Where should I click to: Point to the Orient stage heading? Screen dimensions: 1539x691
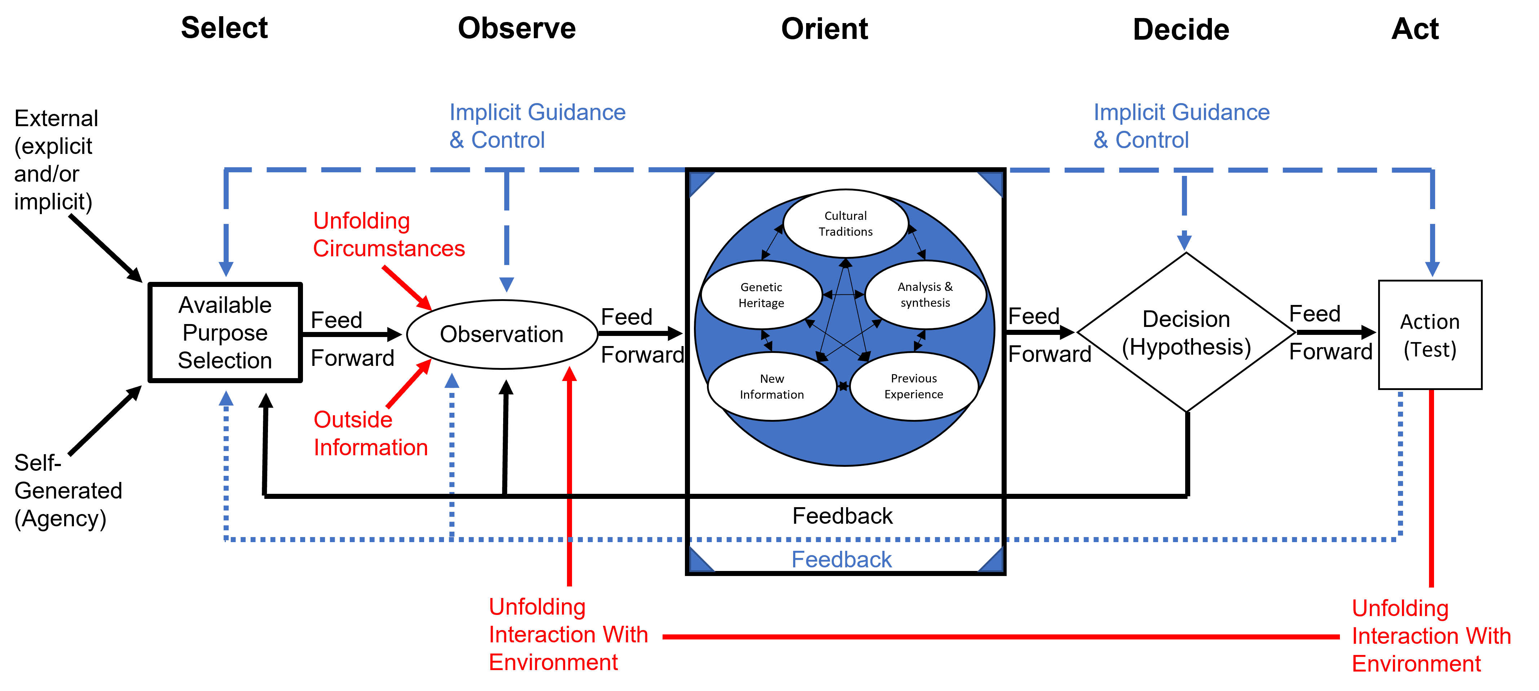tap(825, 29)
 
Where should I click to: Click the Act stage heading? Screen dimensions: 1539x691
tap(1415, 29)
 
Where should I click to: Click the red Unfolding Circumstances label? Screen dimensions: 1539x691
tap(389, 235)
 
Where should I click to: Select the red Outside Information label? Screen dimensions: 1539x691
tap(370, 434)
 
